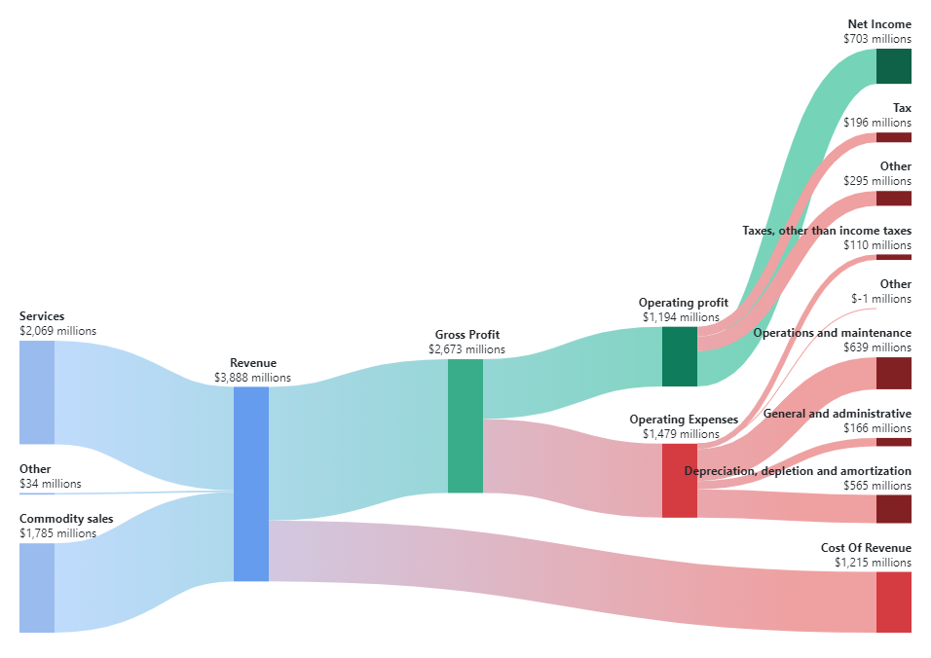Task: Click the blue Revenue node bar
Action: click(250, 484)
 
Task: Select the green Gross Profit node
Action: click(465, 425)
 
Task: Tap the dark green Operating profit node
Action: click(679, 356)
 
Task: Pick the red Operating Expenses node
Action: click(679, 481)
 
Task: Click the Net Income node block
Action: click(893, 66)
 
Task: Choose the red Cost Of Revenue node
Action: click(893, 602)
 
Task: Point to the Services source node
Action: click(36, 392)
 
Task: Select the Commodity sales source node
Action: click(36, 588)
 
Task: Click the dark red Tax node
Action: click(893, 137)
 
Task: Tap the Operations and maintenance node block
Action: click(893, 373)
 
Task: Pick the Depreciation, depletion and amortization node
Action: click(893, 509)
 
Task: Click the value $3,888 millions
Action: click(252, 378)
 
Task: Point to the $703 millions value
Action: click(877, 39)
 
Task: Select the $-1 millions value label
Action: click(881, 299)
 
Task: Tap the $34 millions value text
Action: click(51, 484)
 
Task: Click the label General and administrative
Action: click(838, 414)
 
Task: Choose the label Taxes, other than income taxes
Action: click(827, 231)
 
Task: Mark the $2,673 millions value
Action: click(466, 348)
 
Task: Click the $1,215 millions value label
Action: click(873, 563)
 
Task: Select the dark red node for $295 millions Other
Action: click(893, 199)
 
